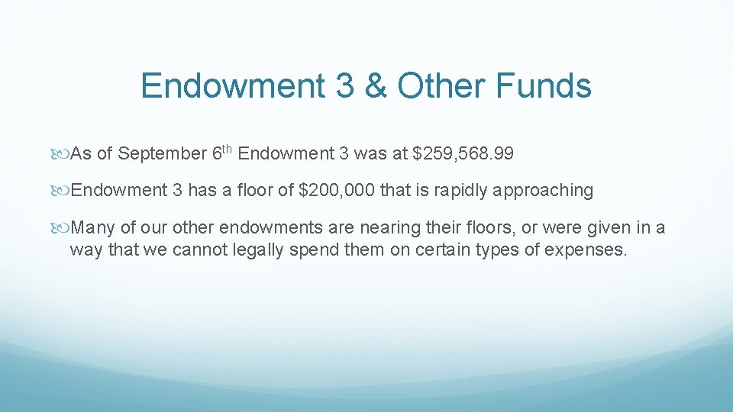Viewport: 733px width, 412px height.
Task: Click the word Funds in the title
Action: (x=543, y=85)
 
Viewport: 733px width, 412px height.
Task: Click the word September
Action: (x=161, y=154)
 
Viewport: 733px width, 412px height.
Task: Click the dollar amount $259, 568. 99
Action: (x=463, y=154)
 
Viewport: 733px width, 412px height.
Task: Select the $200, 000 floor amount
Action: (x=337, y=190)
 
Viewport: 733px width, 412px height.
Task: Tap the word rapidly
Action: (x=462, y=190)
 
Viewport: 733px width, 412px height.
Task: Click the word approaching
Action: (x=543, y=191)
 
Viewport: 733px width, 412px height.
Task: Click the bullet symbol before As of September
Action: (x=63, y=155)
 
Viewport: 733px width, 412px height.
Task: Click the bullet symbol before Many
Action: (x=63, y=228)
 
